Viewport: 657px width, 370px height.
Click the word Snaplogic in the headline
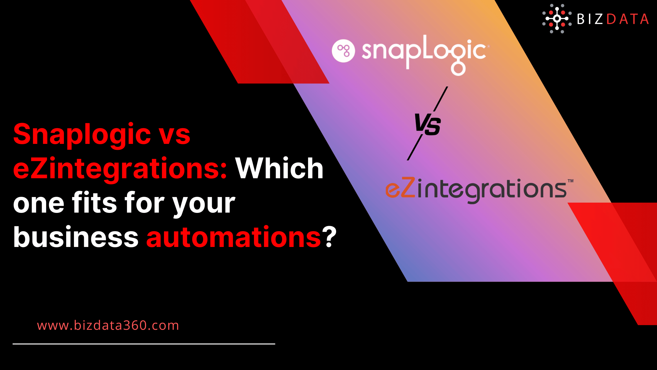(x=82, y=134)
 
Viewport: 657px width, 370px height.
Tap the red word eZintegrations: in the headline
(x=120, y=168)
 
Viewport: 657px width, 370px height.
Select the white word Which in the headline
(x=279, y=168)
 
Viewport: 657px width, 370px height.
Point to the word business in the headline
(x=76, y=237)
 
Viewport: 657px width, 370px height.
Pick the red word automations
(x=234, y=237)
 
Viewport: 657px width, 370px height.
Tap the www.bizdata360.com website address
(x=108, y=325)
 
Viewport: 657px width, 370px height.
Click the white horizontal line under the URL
(x=144, y=344)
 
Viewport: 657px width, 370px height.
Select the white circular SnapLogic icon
(x=343, y=51)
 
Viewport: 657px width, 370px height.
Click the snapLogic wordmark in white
(x=424, y=53)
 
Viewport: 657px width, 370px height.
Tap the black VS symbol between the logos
(x=428, y=125)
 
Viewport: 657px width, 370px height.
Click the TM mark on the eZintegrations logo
(x=570, y=181)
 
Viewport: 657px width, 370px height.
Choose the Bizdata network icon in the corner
(x=557, y=18)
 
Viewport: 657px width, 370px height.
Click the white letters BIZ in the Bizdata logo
(x=590, y=19)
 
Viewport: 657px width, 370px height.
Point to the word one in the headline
(x=39, y=203)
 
